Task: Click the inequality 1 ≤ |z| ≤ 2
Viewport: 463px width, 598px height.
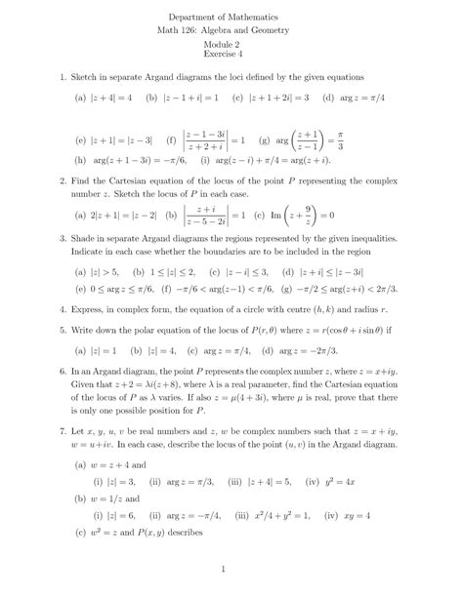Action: (x=167, y=273)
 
